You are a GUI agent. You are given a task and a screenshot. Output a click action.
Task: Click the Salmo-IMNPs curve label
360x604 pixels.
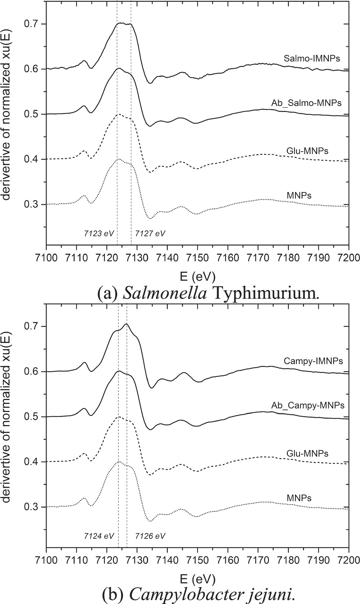312,58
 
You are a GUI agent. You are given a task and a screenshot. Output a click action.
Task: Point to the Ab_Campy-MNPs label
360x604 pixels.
308,405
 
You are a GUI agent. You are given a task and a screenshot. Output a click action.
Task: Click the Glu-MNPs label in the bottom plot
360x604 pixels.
307,453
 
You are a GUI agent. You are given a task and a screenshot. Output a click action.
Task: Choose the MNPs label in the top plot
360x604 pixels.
299,195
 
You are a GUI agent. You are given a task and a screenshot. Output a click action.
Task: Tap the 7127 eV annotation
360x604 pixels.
150,233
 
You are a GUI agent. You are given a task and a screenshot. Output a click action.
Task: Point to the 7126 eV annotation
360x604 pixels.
150,536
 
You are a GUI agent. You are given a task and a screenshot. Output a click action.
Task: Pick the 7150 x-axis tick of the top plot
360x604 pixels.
198,257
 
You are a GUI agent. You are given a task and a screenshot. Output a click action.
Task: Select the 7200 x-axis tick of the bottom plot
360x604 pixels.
349,559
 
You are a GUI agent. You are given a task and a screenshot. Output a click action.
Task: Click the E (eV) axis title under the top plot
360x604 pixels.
197,276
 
